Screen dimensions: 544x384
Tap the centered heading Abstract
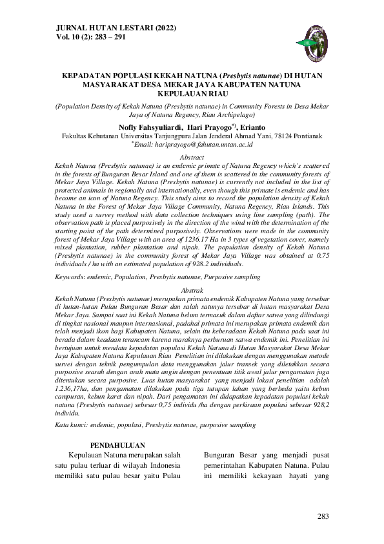pos(192,157)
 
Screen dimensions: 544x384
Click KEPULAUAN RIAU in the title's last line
pos(192,94)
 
